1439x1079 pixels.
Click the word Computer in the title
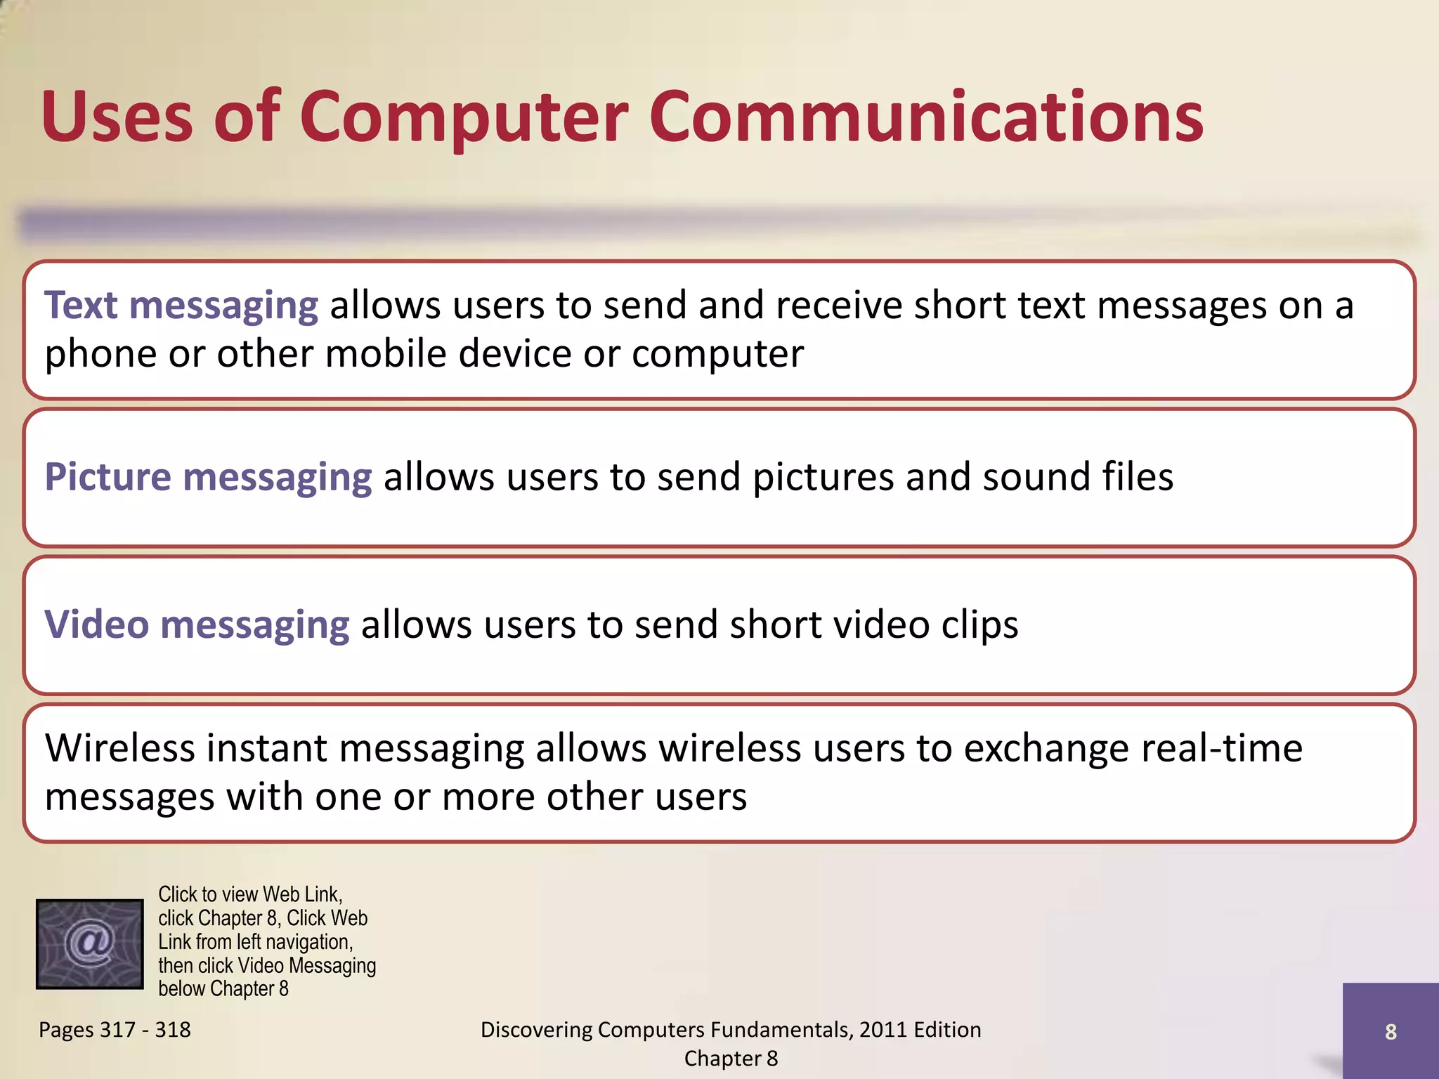tap(464, 118)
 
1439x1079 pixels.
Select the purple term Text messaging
tap(181, 306)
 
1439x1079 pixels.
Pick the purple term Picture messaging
tap(208, 478)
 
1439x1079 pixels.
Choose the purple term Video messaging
tap(197, 625)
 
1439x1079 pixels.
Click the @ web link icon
tap(89, 944)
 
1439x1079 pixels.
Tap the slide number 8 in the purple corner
tap(1391, 1031)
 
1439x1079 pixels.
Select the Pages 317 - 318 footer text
tap(115, 1030)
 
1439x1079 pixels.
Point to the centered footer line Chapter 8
tap(731, 1059)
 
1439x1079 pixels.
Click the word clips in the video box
tap(979, 625)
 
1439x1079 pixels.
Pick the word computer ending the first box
tap(717, 354)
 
